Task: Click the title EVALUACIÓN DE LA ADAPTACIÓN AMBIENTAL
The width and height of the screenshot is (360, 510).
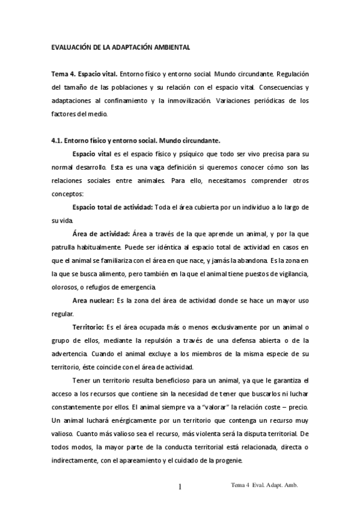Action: (120, 46)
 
